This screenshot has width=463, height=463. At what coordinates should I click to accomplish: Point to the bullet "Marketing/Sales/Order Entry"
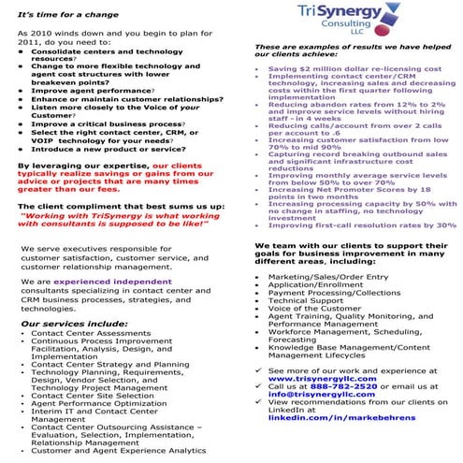[x=326, y=277]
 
